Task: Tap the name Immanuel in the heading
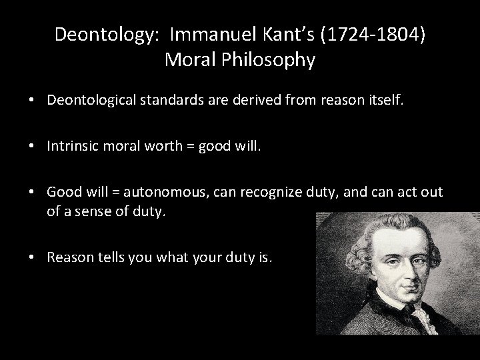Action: pyautogui.click(x=204, y=34)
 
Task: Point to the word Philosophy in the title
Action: pyautogui.click(x=273, y=60)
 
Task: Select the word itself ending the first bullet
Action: pyautogui.click(x=385, y=99)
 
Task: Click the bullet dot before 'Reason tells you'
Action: pyautogui.click(x=32, y=257)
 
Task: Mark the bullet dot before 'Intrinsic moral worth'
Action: pyautogui.click(x=32, y=146)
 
